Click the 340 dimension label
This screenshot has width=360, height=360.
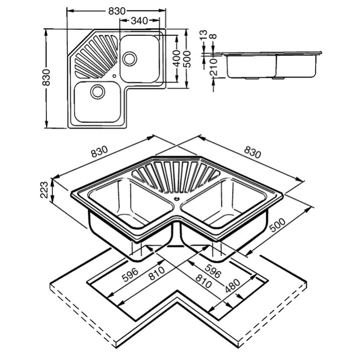(139, 21)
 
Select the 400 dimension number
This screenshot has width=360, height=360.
(176, 58)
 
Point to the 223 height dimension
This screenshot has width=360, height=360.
(44, 190)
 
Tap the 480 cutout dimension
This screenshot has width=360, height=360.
(233, 285)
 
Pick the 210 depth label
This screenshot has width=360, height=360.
(213, 67)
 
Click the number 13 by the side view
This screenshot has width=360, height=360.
(203, 35)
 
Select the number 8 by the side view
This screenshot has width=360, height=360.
(213, 37)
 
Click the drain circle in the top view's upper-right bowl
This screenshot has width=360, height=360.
(130, 58)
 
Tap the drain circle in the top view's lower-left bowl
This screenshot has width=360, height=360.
(98, 92)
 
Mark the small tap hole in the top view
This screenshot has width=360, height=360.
(114, 76)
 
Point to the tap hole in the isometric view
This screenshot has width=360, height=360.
(177, 199)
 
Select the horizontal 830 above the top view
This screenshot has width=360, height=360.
(117, 11)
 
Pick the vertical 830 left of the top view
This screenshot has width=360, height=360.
(46, 77)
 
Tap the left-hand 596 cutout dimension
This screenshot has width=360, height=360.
(130, 274)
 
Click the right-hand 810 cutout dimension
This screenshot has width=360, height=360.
(203, 281)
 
